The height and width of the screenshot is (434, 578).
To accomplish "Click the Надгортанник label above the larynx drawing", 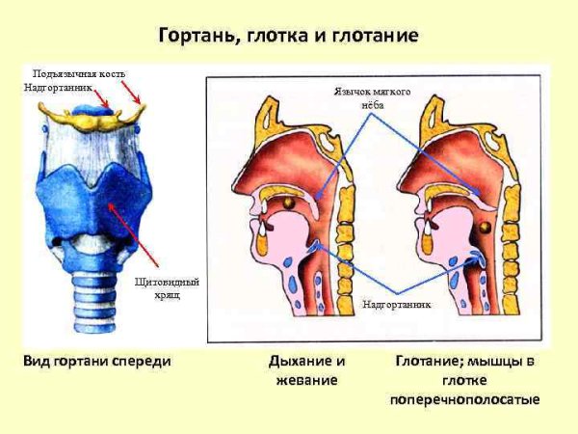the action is click(59, 87).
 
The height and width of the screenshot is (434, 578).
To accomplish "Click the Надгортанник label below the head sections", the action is click(396, 305).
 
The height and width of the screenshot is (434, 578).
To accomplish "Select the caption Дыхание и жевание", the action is click(306, 370).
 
